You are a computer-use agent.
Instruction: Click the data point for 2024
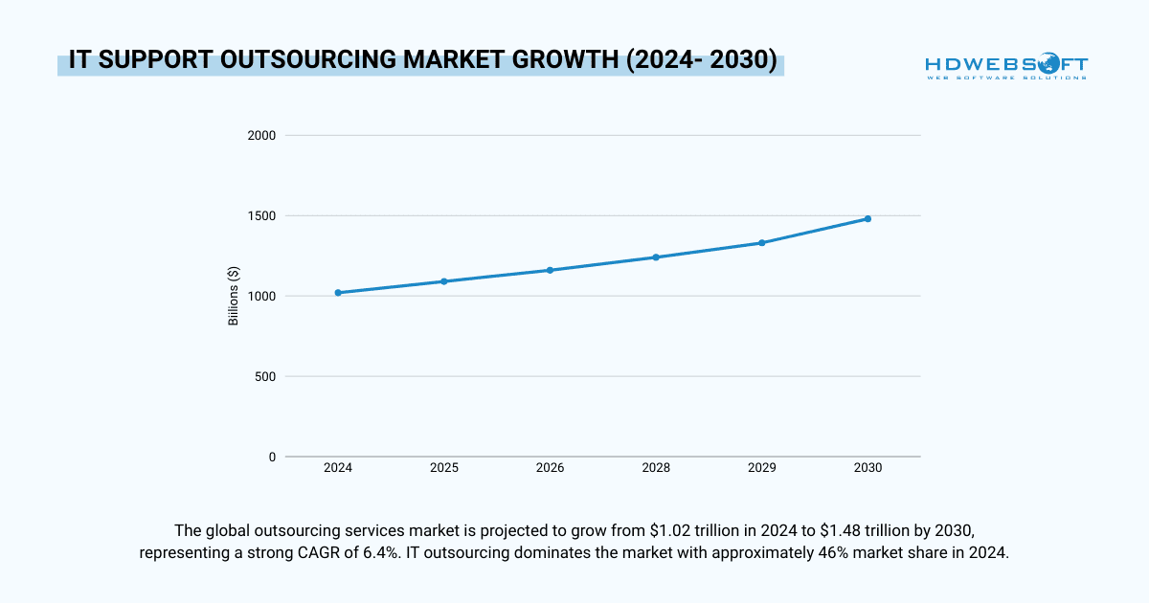click(338, 293)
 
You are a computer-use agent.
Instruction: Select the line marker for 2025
click(444, 281)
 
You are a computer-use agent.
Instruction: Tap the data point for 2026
click(550, 270)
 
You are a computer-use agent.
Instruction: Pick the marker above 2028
click(656, 257)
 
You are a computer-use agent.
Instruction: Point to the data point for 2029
click(762, 243)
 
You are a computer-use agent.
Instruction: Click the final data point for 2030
click(867, 218)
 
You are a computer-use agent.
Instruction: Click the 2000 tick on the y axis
click(262, 136)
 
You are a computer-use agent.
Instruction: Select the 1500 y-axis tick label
click(262, 216)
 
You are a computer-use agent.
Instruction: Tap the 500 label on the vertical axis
click(266, 377)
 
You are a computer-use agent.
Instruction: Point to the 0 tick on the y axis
click(272, 458)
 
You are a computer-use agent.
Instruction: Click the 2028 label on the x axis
click(656, 469)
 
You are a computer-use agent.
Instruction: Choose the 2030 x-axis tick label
click(867, 469)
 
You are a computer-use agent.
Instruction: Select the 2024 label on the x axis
click(338, 469)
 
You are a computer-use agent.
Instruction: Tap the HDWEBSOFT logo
click(1005, 67)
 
